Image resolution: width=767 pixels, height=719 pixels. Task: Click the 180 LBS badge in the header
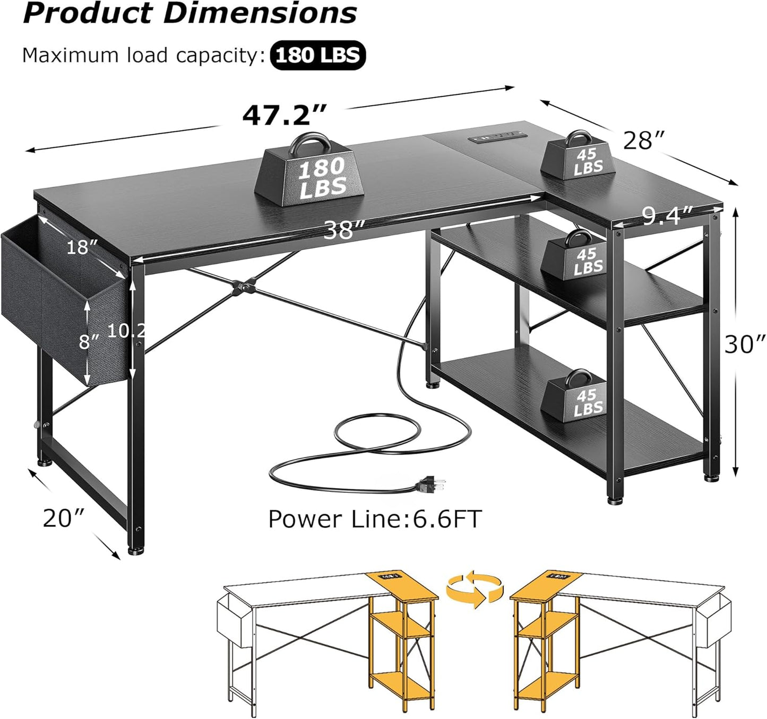(x=317, y=55)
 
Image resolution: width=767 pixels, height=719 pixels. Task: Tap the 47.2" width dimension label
(x=284, y=116)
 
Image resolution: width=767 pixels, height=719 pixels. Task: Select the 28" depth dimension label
(x=643, y=141)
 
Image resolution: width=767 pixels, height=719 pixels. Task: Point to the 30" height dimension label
(x=745, y=344)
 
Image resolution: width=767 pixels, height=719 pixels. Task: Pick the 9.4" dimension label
(x=668, y=215)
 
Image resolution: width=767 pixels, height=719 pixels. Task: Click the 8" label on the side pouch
(x=89, y=341)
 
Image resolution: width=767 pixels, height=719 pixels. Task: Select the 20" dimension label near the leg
(x=64, y=518)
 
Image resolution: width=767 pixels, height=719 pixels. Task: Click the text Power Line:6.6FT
(x=374, y=518)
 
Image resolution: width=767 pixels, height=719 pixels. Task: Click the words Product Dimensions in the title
(x=190, y=14)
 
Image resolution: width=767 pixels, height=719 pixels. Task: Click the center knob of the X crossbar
(x=244, y=287)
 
